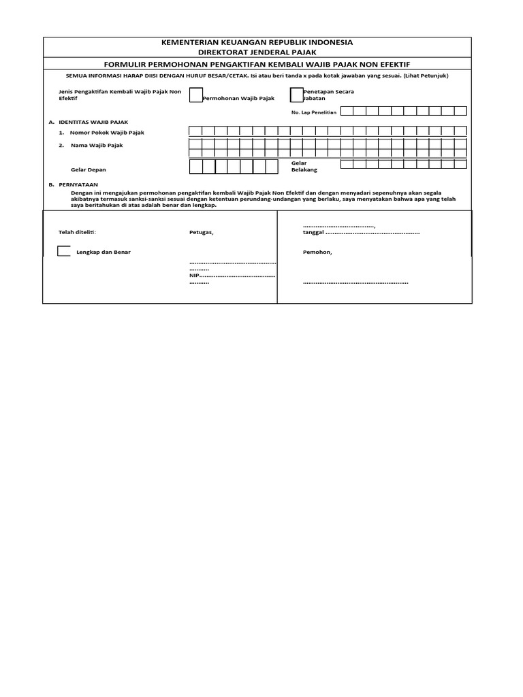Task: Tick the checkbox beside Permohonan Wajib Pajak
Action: tap(195, 95)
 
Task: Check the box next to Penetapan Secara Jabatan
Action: tap(296, 95)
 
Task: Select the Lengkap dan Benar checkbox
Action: tap(63, 251)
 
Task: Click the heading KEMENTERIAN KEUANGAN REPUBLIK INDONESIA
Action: tap(257, 43)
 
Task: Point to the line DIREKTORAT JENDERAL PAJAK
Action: tap(257, 52)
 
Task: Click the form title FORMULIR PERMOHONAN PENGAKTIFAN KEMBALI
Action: tap(257, 63)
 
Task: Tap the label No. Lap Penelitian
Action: tap(314, 112)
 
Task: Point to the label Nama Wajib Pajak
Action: tap(96, 145)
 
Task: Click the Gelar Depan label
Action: tap(89, 169)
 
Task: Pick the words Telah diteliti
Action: tap(78, 233)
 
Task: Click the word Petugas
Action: tap(201, 233)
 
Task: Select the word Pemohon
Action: tap(317, 252)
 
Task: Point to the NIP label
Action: tap(193, 276)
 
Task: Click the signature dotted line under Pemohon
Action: tap(355, 282)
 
